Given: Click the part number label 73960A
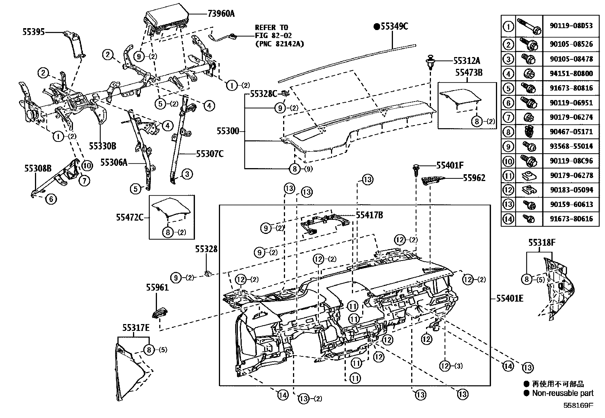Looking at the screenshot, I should pos(221,14).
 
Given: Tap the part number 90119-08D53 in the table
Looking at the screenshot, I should pos(571,26).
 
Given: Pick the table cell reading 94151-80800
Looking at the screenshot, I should pos(571,73).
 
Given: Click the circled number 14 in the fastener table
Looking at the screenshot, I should pos(508,219).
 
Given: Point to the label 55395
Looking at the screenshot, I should pos(33,32).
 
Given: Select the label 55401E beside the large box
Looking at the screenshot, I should pos(509,299).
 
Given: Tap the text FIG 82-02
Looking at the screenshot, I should pos(271,35).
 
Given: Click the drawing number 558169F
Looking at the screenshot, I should pos(578,405).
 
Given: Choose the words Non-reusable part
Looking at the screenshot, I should pos(562,393).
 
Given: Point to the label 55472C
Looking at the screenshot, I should pos(130,217).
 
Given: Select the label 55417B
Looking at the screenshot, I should pos(369,215).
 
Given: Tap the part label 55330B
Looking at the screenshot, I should pos(102,146).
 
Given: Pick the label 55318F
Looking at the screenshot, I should pos(542,242).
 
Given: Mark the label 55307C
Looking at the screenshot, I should pos(210,154).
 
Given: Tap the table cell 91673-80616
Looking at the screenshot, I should pos(571,219).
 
